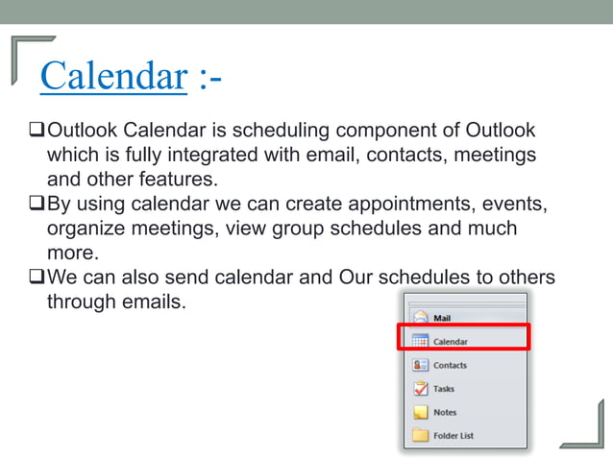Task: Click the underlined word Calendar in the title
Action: [112, 76]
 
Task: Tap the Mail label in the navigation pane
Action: [442, 318]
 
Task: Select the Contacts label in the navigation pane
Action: [450, 365]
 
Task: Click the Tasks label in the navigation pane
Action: [444, 389]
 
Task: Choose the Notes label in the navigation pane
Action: [445, 412]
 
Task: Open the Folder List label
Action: [454, 436]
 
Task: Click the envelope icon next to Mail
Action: [420, 318]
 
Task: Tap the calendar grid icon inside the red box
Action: [420, 341]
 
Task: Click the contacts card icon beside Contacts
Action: [420, 365]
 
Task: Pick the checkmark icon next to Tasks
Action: [420, 389]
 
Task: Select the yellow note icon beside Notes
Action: [420, 412]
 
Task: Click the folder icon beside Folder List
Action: [420, 436]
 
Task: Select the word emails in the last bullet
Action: [150, 302]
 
